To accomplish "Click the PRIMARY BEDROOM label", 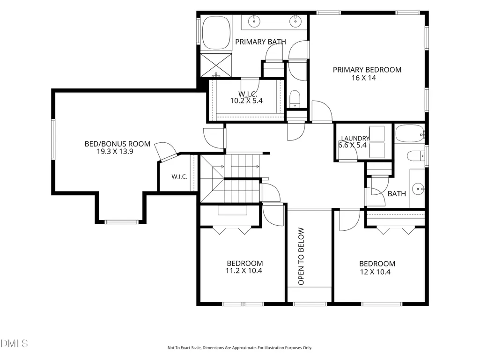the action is pos(367,70).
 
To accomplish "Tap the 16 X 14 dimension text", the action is pos(364,78).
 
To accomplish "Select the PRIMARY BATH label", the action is pos(260,42).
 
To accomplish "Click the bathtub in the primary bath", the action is pos(216,33).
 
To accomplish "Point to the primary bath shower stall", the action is pos(216,65).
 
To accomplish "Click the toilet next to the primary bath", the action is pos(295,99).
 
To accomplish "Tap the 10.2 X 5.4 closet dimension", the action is pos(246,101).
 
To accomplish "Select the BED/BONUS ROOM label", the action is pos(118,144).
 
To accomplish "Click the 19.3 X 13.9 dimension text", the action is pos(115,152).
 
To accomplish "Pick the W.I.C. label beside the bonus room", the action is pos(179,176).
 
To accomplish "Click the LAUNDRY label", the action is pos(355,139).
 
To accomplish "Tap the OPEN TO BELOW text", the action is pos(301,256).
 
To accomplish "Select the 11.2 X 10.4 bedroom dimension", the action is pos(244,271).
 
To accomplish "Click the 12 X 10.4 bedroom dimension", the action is pos(375,272).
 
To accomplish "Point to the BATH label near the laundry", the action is pos(397,194).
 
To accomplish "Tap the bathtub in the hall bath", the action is pos(410,133).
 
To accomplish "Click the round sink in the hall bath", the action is pos(418,189).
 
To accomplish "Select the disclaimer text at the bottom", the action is pos(240,348).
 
